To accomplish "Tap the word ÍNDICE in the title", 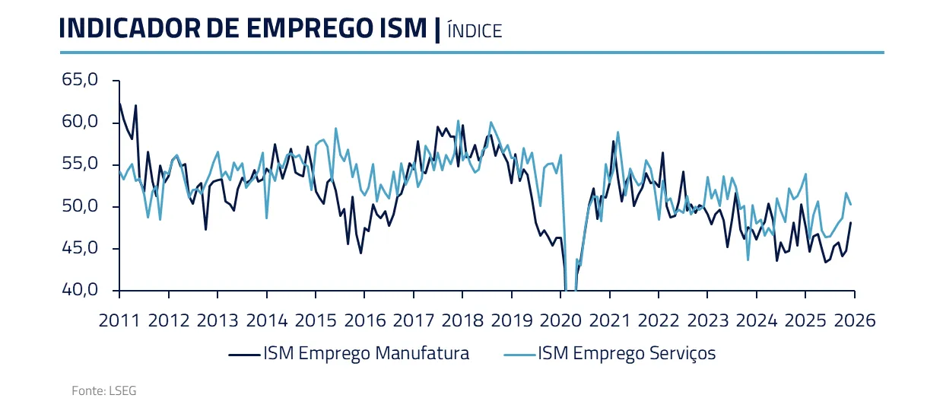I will [475, 30].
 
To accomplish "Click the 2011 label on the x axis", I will [119, 320].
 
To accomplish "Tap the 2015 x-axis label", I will [316, 320].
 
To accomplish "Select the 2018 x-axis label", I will [462, 320].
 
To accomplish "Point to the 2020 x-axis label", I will [560, 320].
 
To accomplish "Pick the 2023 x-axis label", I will [707, 320].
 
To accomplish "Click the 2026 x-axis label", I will [854, 320].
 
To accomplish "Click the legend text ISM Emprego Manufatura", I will [366, 354].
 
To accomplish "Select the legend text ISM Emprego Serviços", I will [627, 354].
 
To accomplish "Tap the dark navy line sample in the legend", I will [243, 354].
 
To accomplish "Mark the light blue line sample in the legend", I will [517, 354].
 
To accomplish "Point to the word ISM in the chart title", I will [403, 28].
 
